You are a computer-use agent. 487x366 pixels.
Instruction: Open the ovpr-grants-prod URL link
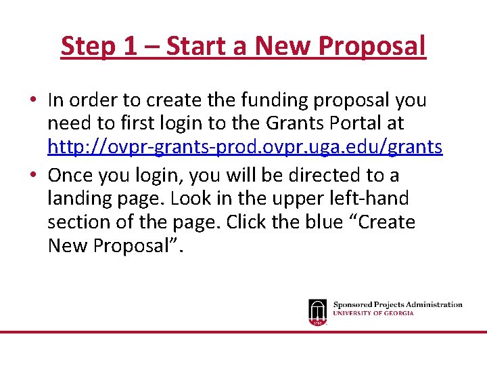pos(245,147)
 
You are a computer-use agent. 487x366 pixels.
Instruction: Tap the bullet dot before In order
pos(32,100)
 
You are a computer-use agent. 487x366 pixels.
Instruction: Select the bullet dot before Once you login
pos(32,175)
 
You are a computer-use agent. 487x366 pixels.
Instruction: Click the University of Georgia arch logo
pos(317,312)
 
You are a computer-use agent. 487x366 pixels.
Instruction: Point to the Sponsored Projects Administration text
pos(398,305)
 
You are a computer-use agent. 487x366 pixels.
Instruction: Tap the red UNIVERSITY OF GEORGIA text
pos(373,313)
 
